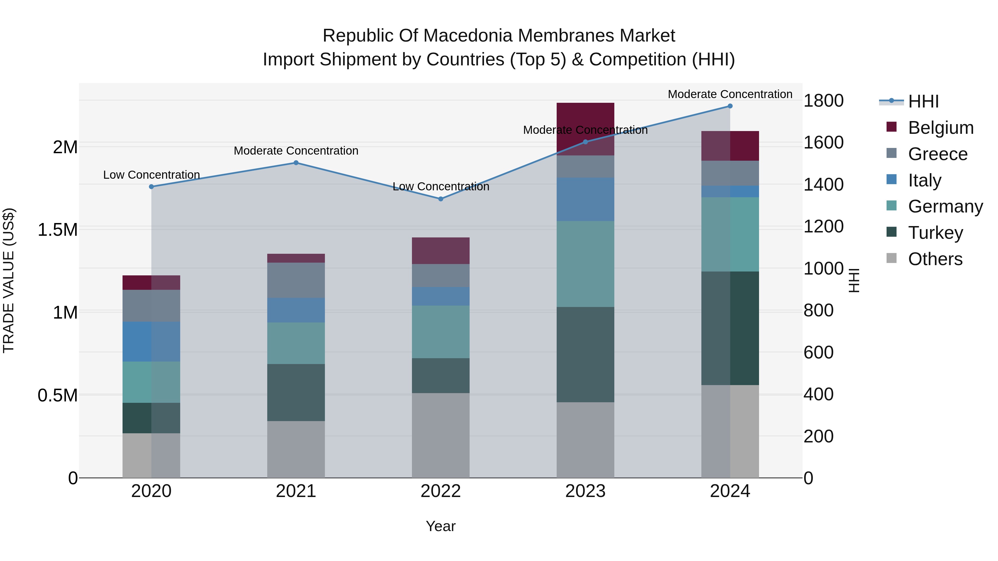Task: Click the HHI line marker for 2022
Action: [441, 199]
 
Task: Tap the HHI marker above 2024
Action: [730, 106]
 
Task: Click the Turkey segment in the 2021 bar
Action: [296, 392]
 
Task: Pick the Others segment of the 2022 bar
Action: [441, 435]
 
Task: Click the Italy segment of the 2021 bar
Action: [296, 310]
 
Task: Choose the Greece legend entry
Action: [938, 154]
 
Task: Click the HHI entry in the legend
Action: [923, 101]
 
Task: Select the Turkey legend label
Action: [935, 233]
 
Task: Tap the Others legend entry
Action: [935, 259]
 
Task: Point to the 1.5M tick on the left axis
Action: [58, 230]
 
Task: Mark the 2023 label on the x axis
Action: [585, 491]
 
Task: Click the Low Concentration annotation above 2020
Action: [151, 175]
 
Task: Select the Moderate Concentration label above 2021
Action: [296, 151]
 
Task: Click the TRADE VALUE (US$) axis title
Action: [9, 280]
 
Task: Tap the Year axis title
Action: [441, 526]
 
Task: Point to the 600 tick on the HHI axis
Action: [819, 352]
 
